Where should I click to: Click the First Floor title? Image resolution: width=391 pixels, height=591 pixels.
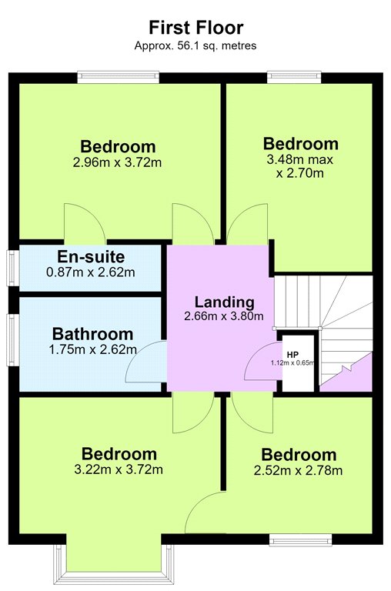tap(195, 28)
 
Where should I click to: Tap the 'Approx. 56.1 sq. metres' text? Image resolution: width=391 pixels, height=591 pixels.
tap(195, 45)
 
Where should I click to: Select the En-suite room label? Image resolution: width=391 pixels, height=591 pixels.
tap(91, 257)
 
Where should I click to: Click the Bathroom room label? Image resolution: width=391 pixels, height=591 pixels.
tap(92, 334)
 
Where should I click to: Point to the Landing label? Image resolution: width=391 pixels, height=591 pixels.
tap(224, 302)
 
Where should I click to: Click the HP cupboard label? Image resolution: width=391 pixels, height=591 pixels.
tap(292, 355)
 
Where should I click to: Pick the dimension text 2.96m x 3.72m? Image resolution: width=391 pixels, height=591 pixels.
tap(117, 162)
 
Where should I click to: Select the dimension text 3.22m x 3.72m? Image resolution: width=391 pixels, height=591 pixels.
tap(119, 469)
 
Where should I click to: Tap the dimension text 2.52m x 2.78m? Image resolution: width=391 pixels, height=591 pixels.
tap(298, 470)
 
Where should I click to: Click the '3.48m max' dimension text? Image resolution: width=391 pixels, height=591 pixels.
tap(299, 160)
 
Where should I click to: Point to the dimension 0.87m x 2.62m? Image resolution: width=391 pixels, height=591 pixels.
tap(91, 272)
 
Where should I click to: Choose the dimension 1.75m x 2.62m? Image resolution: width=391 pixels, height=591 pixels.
tap(93, 349)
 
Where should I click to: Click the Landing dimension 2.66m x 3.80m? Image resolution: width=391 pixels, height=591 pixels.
tap(224, 316)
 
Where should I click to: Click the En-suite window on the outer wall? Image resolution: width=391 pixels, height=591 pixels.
tap(14, 269)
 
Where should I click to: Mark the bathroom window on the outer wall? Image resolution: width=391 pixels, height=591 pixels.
tap(13, 340)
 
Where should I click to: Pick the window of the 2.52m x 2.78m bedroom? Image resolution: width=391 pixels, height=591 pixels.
tap(300, 539)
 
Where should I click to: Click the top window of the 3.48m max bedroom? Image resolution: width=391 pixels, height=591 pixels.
tap(294, 77)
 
